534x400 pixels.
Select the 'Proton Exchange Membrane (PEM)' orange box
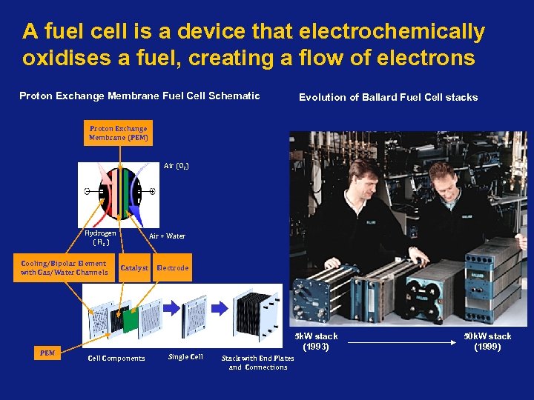(119, 133)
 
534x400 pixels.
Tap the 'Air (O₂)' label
(177, 166)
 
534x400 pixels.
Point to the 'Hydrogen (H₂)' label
(100, 237)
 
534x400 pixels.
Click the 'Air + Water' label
(167, 236)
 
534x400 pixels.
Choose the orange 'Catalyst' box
(134, 268)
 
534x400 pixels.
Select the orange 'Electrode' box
(172, 268)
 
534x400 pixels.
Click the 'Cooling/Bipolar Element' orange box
(64, 268)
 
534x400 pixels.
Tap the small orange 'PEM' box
(47, 353)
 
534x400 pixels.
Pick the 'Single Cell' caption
(185, 357)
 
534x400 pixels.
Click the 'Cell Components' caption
(116, 359)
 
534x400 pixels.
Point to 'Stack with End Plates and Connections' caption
(258, 362)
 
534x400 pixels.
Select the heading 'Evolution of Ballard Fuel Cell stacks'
(388, 97)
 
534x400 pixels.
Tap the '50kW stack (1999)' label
(487, 341)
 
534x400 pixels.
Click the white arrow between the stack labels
(400, 342)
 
